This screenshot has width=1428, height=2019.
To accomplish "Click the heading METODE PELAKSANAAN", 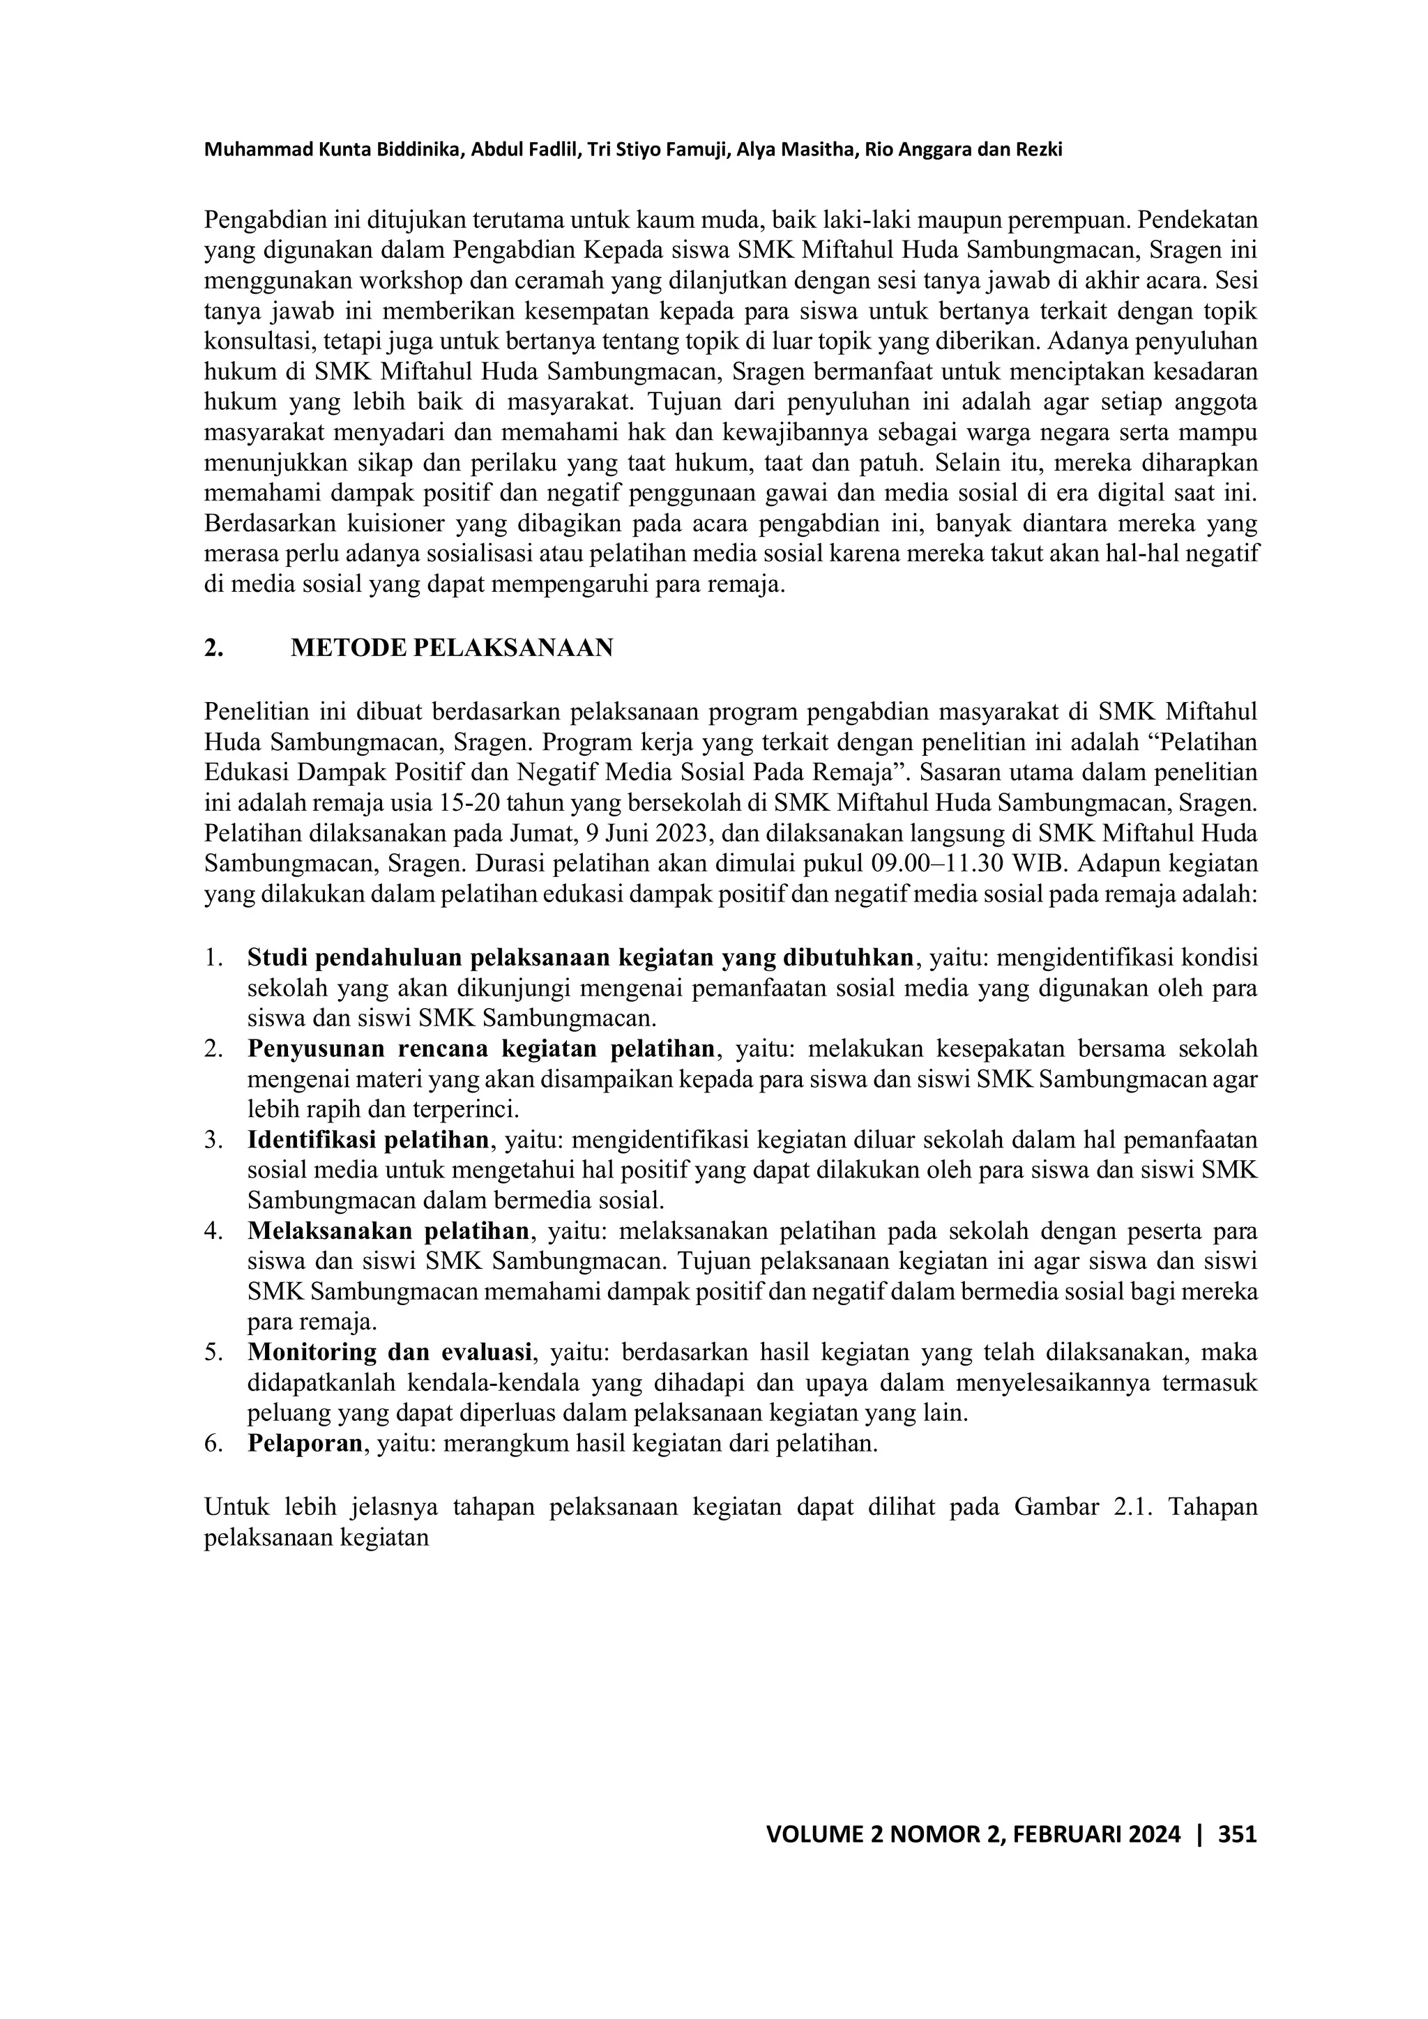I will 451,648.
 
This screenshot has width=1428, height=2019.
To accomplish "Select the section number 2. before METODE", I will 213,648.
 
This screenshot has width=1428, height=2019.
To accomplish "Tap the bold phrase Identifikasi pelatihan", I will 368,1141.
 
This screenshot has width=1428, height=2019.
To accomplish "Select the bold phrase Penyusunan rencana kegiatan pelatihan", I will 482,1050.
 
